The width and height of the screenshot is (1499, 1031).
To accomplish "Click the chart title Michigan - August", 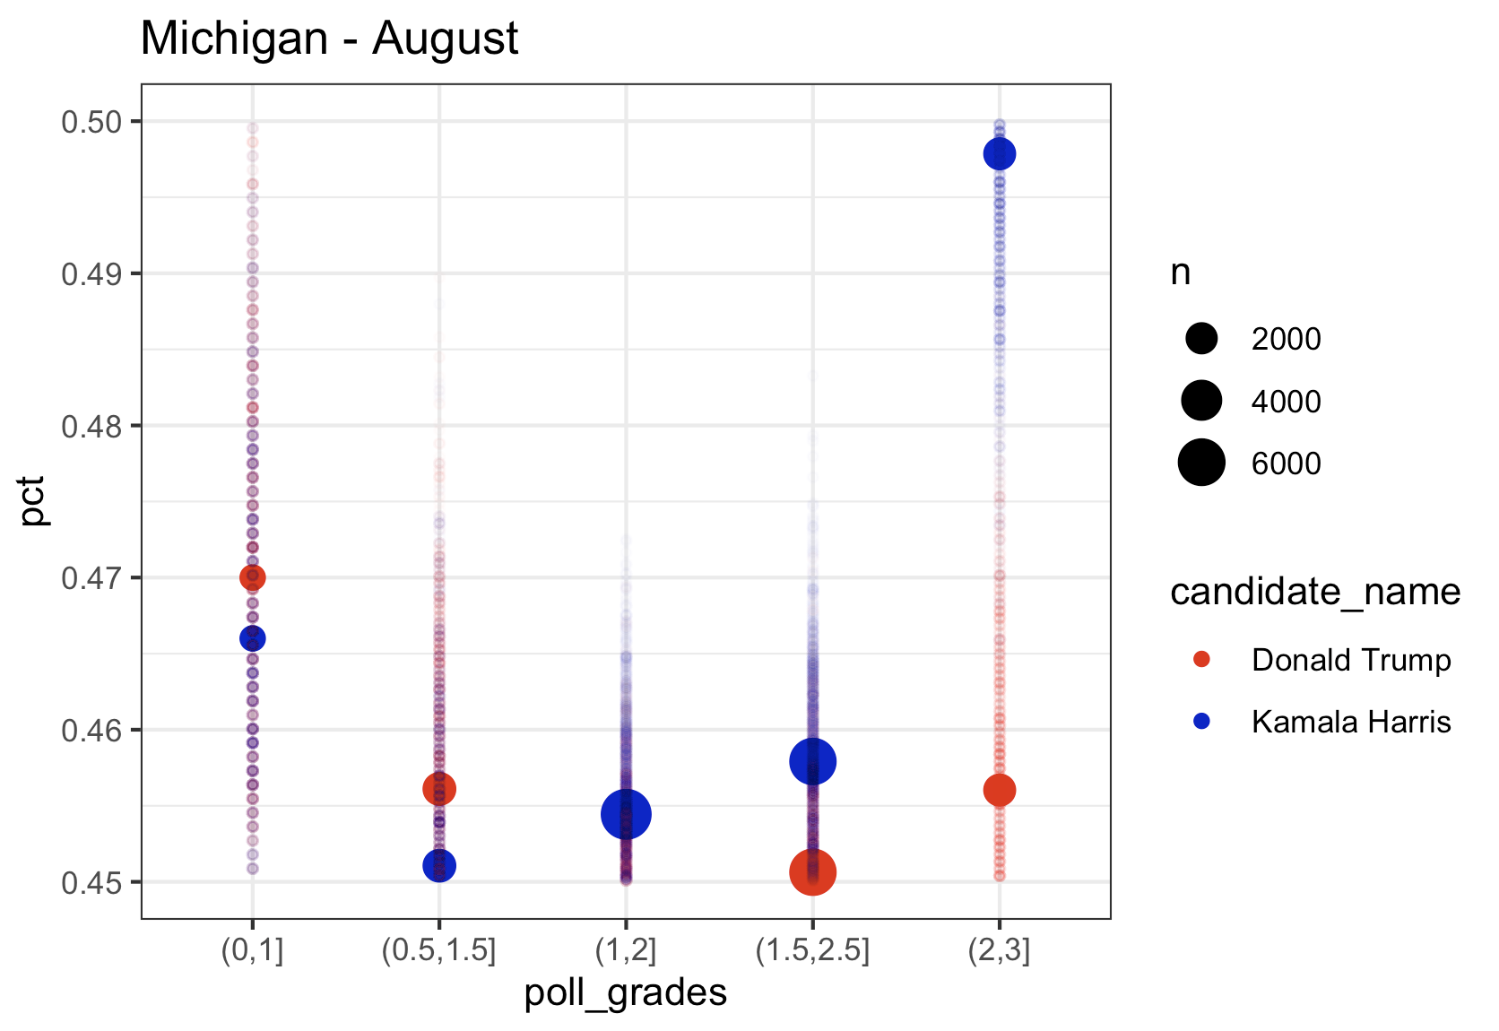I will pos(329,39).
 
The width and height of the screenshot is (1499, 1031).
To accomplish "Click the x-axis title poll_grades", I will pos(625,992).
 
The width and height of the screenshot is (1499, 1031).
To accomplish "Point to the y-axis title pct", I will pos(33,501).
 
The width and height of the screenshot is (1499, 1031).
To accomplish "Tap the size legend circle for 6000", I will pos(1201,463).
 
